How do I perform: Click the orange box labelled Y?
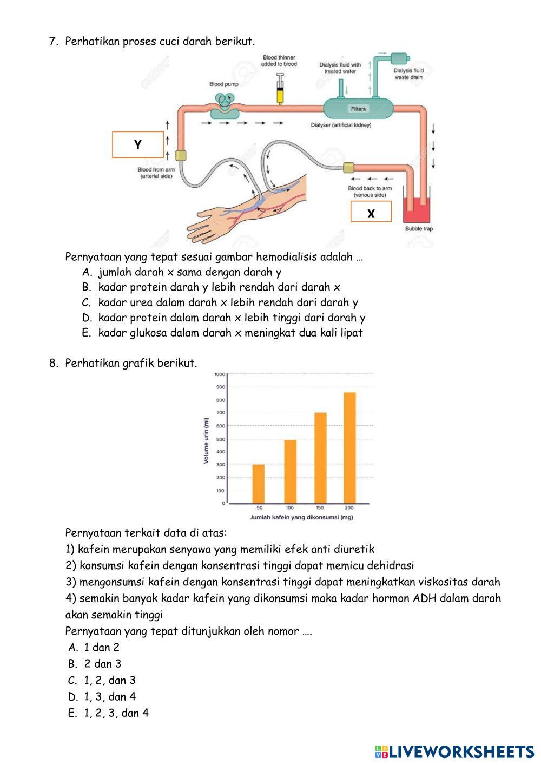138,144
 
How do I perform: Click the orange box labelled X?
371,212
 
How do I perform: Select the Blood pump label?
223,84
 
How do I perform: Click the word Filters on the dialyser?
358,109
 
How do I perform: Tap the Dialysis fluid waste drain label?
408,74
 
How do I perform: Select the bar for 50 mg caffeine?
259,484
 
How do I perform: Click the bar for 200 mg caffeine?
349,447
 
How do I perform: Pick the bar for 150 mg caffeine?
320,458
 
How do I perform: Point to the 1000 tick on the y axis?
220,374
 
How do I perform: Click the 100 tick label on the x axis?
289,508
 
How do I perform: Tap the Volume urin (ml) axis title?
206,440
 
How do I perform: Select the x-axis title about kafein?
301,518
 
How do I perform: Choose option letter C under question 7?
87,302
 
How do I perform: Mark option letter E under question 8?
72,713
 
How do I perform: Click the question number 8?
53,363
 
